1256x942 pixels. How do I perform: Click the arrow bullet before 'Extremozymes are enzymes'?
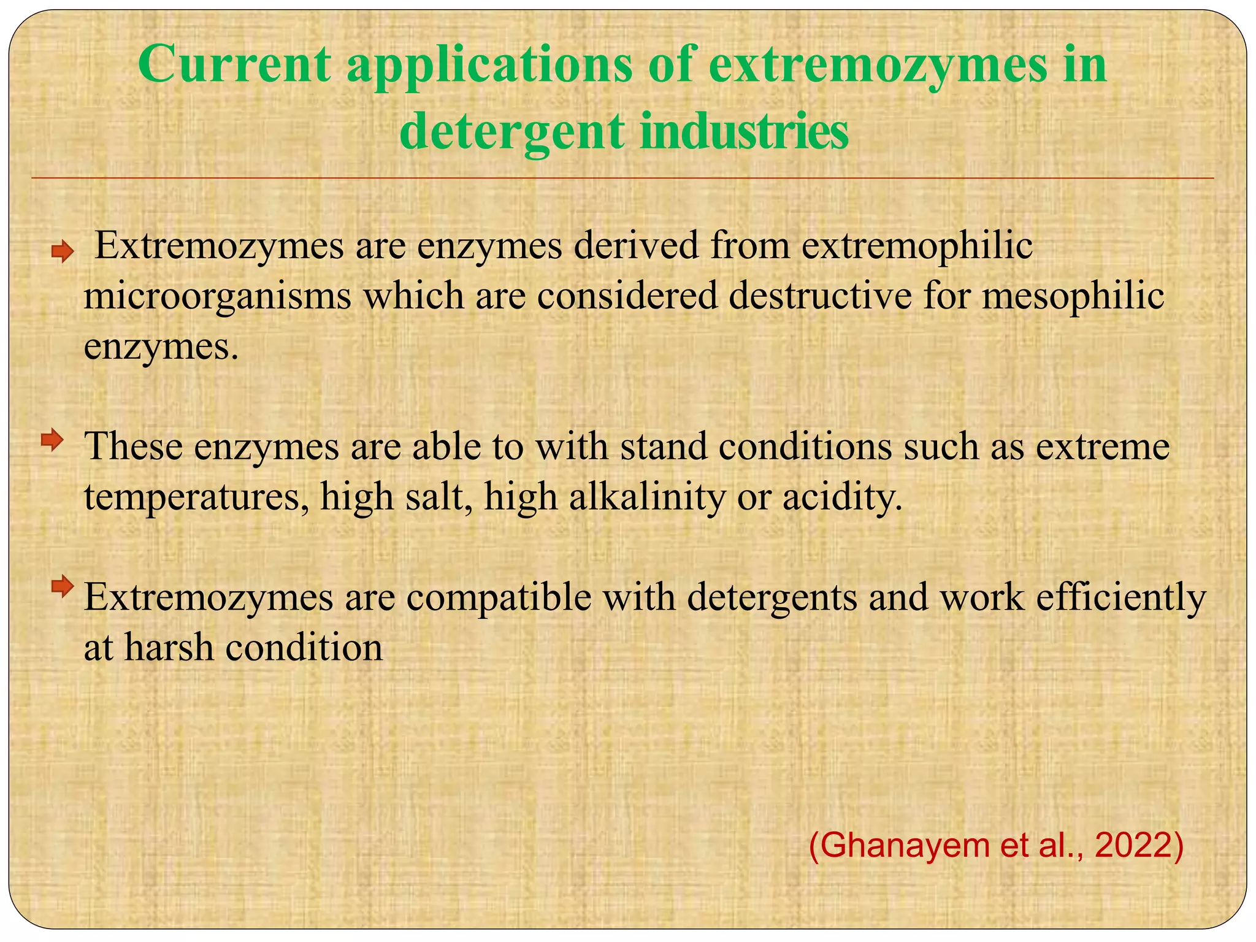pos(62,251)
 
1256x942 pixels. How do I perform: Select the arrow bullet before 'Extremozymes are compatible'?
pos(62,587)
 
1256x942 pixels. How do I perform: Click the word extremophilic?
pos(917,247)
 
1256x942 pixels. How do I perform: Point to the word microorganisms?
pos(218,297)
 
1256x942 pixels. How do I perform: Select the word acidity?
pos(843,498)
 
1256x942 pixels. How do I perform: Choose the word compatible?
pos(499,597)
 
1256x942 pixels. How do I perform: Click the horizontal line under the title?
pos(622,178)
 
